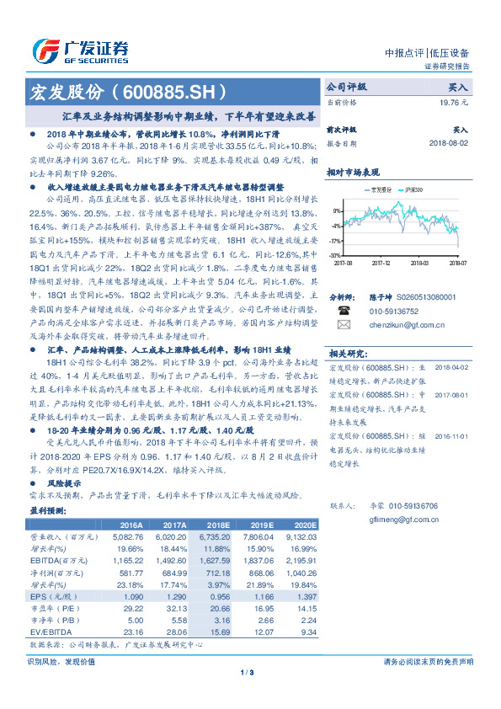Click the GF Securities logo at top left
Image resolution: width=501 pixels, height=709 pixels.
(x=80, y=51)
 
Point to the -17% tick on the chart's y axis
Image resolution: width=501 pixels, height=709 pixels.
(x=336, y=240)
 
